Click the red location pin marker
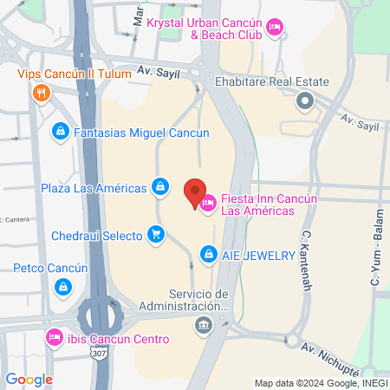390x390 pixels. coord(195,191)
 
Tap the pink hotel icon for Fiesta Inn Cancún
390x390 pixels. coord(208,205)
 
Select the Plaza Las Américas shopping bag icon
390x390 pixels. coord(160,186)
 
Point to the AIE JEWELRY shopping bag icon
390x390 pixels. coord(208,254)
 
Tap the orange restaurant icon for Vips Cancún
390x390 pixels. coord(39,93)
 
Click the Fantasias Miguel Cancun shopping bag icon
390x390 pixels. coord(60,132)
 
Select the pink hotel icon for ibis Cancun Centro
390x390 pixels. coord(53,336)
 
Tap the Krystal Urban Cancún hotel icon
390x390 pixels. coord(275,29)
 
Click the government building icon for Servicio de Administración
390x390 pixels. coord(204,325)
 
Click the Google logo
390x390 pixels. coord(29,379)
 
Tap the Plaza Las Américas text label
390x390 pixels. coord(94,186)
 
